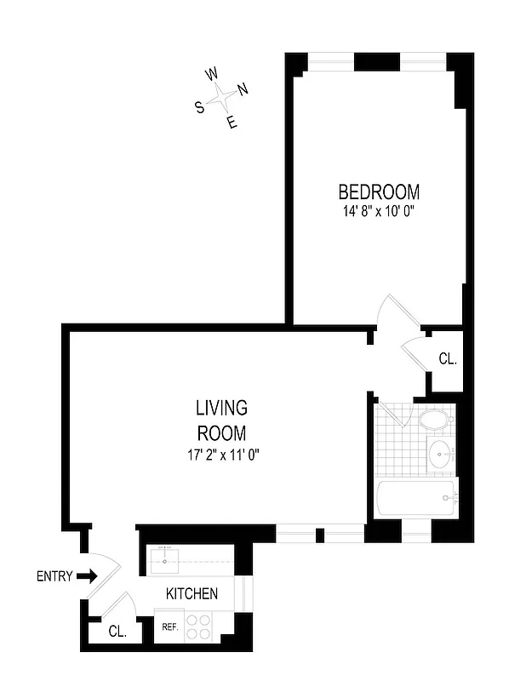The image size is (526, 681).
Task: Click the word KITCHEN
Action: (x=192, y=593)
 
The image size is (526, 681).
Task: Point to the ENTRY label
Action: (x=54, y=576)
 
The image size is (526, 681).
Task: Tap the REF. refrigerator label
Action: (x=169, y=627)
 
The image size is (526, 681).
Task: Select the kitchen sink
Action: (x=165, y=560)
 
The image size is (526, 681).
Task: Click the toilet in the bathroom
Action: (x=435, y=420)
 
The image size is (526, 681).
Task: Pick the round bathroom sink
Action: (x=441, y=454)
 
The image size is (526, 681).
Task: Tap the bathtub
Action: (x=417, y=498)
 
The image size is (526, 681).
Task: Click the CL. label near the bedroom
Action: (x=448, y=359)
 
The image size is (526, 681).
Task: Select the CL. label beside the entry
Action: (x=118, y=632)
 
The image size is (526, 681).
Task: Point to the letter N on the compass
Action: (x=243, y=89)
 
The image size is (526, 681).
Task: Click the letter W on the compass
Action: (x=212, y=74)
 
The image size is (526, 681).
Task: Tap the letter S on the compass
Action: (x=200, y=107)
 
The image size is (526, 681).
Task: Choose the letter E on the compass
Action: (x=232, y=123)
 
